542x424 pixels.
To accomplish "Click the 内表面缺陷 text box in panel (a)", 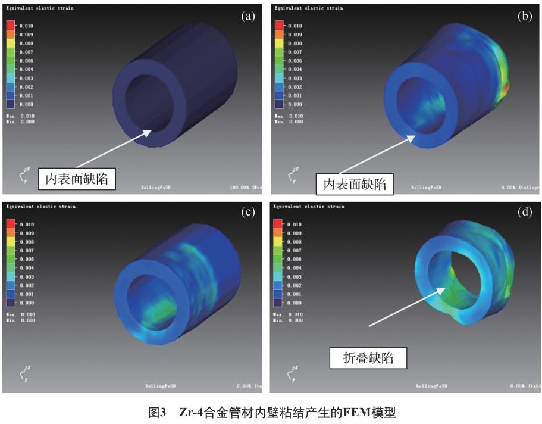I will tap(74, 178).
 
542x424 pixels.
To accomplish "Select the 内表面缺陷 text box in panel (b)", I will tap(355, 184).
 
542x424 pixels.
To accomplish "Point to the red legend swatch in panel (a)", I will tap(11, 26).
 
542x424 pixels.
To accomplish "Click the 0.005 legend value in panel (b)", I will tap(295, 61).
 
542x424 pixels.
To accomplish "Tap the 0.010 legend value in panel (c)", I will tap(27, 225).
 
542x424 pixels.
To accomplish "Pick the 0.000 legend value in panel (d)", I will tap(295, 303).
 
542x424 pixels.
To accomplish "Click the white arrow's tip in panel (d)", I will tap(444, 289).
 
